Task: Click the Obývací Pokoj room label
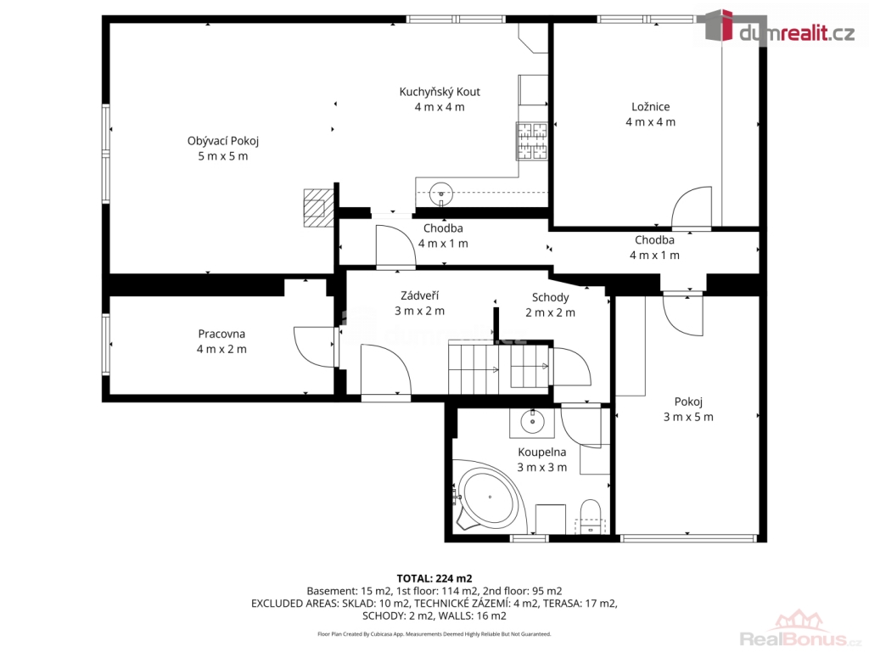coord(223,141)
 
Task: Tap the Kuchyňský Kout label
coord(440,92)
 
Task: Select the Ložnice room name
coord(651,106)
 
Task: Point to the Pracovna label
coord(221,334)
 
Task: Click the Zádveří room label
coord(419,295)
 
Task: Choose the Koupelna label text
coord(542,452)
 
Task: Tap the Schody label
coord(550,297)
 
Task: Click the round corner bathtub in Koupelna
coord(489,497)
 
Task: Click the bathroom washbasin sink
coord(533,423)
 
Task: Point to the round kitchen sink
coord(441,194)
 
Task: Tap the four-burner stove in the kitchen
coord(532,141)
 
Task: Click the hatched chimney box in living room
coord(318,207)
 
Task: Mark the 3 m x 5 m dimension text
coord(688,417)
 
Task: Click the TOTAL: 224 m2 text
coord(434,579)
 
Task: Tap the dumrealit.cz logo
coord(776,28)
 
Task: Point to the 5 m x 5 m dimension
coord(223,156)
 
